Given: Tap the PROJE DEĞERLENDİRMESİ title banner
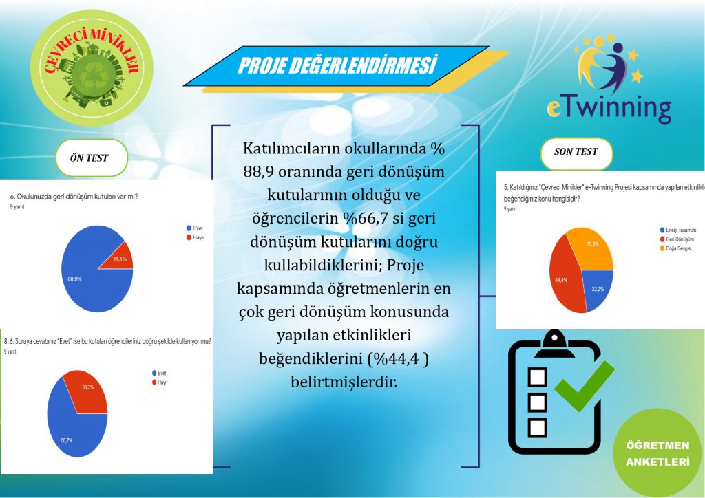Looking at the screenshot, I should pyautogui.click(x=337, y=66).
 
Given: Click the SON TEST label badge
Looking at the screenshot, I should pyautogui.click(x=576, y=152).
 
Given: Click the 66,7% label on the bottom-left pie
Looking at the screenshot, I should pyautogui.click(x=65, y=440).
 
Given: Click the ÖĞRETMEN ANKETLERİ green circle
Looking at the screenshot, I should pyautogui.click(x=657, y=453).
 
